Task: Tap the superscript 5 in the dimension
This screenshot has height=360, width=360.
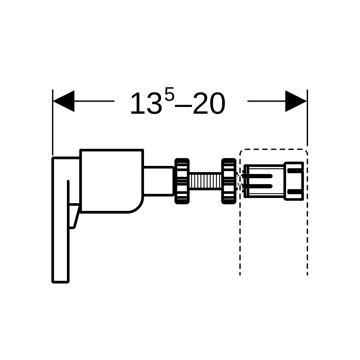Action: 169,94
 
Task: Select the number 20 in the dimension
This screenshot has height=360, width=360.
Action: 209,103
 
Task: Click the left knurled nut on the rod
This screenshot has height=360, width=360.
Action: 182,181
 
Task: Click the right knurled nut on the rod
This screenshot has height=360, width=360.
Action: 229,181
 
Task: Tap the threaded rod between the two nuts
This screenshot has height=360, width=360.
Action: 205,181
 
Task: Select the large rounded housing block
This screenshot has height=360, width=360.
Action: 112,181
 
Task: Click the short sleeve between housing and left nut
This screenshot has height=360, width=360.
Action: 158,181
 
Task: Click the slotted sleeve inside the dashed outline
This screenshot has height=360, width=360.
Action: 264,181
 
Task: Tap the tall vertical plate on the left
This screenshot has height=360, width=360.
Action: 60,220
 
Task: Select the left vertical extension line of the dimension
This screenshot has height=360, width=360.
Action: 53,122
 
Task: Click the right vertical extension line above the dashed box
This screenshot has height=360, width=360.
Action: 307,118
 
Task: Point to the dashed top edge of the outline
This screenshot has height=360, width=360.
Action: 274,149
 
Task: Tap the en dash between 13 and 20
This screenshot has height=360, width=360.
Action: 184,106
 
